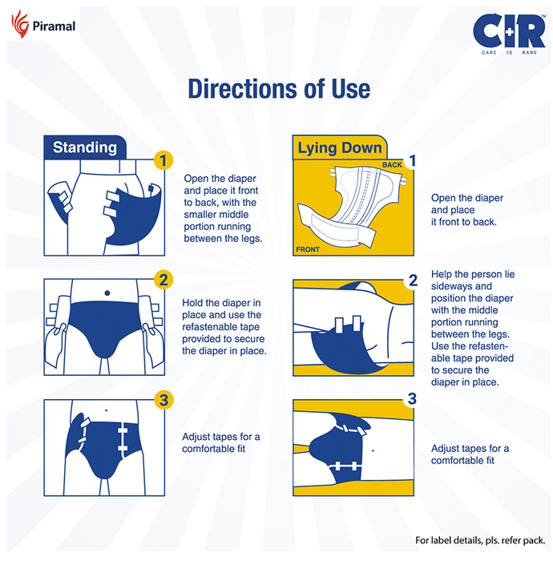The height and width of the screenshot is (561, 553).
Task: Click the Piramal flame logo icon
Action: point(20,23)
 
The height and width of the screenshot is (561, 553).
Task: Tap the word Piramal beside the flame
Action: point(54,26)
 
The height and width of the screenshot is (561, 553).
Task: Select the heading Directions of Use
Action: point(279,89)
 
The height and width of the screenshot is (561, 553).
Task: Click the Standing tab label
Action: point(85,147)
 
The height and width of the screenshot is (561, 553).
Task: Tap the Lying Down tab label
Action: point(340,147)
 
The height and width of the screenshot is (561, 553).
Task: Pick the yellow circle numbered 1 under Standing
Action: point(163,160)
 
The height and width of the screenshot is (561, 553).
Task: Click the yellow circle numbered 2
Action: point(163,280)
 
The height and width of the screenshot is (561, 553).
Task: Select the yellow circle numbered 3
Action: point(163,400)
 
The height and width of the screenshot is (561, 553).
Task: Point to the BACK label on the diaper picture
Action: point(392,165)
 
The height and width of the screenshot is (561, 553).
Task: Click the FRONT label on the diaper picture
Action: point(308,249)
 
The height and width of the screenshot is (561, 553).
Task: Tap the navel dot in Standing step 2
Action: point(107,293)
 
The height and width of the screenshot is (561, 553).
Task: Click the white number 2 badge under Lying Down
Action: point(413,280)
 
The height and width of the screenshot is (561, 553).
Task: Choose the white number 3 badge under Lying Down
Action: point(412,398)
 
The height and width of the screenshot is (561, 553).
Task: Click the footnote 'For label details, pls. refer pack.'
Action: point(480,540)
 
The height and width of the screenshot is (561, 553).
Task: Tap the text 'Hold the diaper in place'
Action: point(221,309)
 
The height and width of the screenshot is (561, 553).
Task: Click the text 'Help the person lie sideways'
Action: point(473,280)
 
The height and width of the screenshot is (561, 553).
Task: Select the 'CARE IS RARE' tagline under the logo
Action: point(509,53)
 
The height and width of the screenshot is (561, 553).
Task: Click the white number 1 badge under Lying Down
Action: point(413,160)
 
